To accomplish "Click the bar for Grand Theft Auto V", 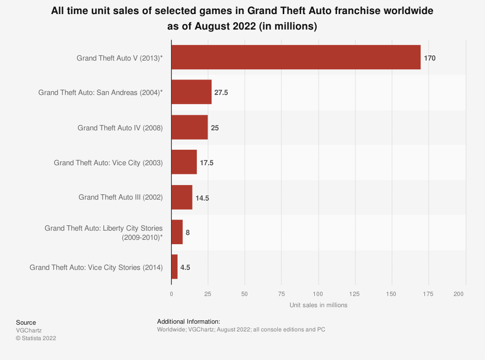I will pyautogui.click(x=296, y=58).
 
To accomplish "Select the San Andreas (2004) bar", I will pyautogui.click(x=192, y=92).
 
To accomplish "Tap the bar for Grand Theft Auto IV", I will pyautogui.click(x=190, y=127).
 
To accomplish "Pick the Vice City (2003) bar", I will pyautogui.click(x=184, y=162).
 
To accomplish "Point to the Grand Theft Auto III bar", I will pyautogui.click(x=182, y=197).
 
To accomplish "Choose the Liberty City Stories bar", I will pyautogui.click(x=177, y=232).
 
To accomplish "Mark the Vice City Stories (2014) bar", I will pyautogui.click(x=175, y=267).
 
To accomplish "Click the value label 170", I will pyautogui.click(x=430, y=58).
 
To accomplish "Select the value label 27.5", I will pyautogui.click(x=221, y=93).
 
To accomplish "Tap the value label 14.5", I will pyautogui.click(x=202, y=198).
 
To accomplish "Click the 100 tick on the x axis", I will pyautogui.click(x=318, y=294).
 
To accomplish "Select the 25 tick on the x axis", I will pyautogui.click(x=208, y=294).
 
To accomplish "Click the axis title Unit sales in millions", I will pyautogui.click(x=318, y=305).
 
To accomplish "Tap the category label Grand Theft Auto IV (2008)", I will pyautogui.click(x=120, y=128).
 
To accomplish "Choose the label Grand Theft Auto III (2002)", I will pyautogui.click(x=121, y=197).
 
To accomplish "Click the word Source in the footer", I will pyautogui.click(x=26, y=322).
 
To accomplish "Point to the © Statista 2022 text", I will pyautogui.click(x=36, y=338).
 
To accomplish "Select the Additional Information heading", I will pyautogui.click(x=189, y=321).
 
